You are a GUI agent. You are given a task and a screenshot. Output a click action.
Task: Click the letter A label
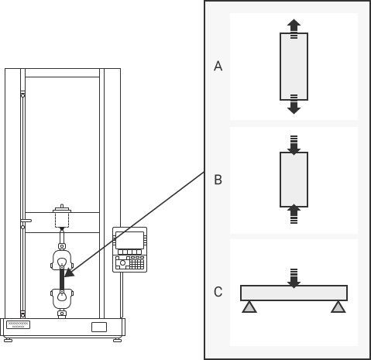point(218,66)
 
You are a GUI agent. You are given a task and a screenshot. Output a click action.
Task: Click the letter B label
point(218,180)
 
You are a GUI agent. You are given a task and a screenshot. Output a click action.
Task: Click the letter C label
point(218,292)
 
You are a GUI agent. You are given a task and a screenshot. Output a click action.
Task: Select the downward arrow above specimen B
point(294,145)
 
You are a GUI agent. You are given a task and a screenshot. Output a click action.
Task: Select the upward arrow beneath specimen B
point(294,214)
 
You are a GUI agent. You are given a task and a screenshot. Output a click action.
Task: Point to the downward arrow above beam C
point(294,279)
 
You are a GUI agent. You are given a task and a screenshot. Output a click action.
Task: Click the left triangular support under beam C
point(249,307)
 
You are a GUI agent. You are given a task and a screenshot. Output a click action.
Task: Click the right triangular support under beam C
point(338,307)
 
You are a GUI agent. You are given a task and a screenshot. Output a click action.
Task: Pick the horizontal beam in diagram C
point(294,293)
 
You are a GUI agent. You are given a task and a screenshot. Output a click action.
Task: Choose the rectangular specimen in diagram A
point(294,67)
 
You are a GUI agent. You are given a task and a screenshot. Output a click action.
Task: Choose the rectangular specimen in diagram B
point(294,180)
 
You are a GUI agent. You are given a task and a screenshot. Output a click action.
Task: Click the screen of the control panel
point(129,240)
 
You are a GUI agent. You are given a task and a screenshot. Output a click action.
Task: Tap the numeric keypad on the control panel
point(136,264)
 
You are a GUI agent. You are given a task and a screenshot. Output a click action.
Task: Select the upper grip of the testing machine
point(62,259)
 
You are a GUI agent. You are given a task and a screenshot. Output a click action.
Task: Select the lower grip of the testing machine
point(62,299)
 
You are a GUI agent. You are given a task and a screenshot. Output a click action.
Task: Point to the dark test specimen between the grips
point(62,279)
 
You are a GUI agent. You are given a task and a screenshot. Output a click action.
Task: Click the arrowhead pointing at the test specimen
point(69,273)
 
